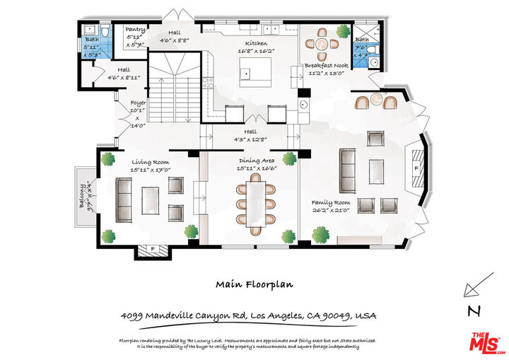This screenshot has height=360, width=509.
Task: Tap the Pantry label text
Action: pyautogui.click(x=134, y=30)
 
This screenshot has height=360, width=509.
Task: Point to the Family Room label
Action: pyautogui.click(x=332, y=202)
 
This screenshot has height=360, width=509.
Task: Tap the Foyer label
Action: pyautogui.click(x=138, y=103)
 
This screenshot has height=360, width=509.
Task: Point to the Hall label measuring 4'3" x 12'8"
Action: pyautogui.click(x=251, y=134)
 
